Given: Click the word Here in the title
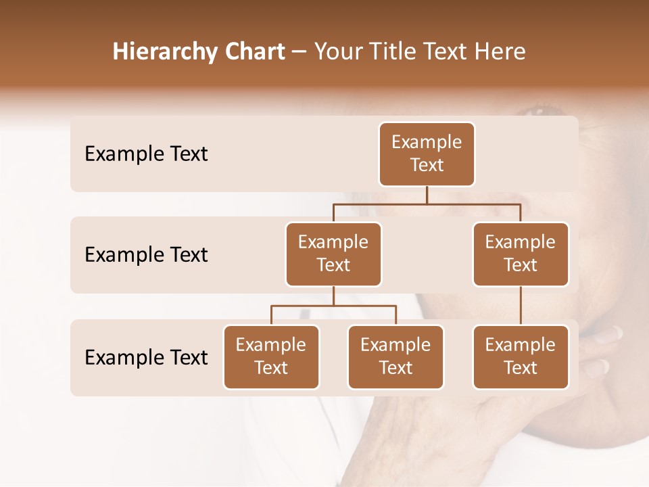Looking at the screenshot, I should tap(500, 52).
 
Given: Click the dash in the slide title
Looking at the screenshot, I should tap(299, 53).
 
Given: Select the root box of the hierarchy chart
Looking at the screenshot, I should tap(427, 154).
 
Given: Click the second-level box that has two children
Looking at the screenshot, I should tap(333, 254).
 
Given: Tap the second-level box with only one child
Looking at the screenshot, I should tap(521, 254).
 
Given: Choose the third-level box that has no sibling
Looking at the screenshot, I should tap(521, 356).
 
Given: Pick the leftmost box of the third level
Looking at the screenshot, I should tap(271, 356).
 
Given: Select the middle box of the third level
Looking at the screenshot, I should tap(395, 356).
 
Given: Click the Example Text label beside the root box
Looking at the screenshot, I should tap(146, 154).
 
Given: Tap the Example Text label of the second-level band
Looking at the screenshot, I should tap(146, 255).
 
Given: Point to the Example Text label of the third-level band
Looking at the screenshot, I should tap(146, 357).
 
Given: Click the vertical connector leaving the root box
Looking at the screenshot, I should tap(427, 195).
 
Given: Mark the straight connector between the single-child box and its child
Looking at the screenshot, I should tap(521, 306).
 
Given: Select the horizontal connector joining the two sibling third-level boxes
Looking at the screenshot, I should tap(333, 306).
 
